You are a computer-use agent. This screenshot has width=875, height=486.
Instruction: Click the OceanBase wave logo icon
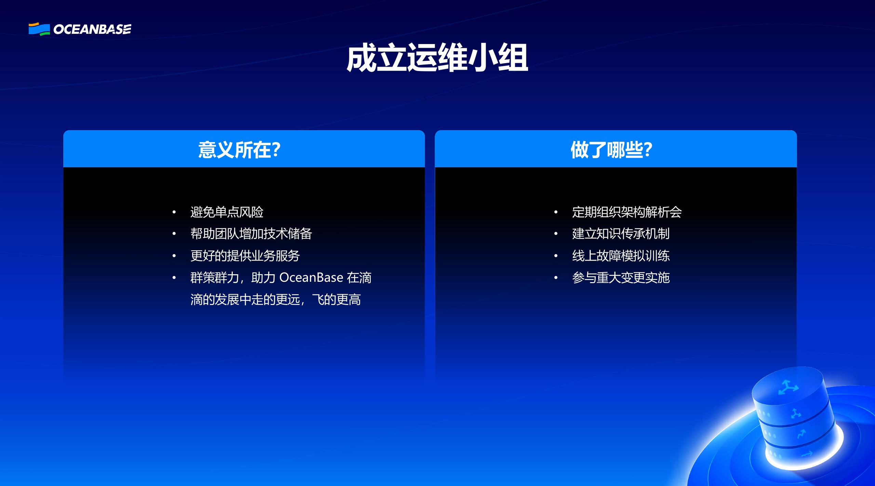(x=39, y=29)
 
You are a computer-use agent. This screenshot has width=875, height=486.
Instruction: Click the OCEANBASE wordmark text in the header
(x=92, y=30)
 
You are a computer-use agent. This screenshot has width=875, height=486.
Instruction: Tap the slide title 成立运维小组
(x=437, y=58)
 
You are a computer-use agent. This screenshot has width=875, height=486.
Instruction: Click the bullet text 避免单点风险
(x=227, y=212)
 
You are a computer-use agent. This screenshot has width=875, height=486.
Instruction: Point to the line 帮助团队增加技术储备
(x=251, y=234)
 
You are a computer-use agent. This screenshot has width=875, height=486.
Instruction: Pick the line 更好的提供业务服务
(x=245, y=256)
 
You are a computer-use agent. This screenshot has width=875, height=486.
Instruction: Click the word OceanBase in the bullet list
(x=311, y=278)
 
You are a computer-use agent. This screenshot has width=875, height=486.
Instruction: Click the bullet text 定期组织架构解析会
(x=627, y=212)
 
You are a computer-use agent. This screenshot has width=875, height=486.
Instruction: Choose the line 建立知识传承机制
(x=620, y=234)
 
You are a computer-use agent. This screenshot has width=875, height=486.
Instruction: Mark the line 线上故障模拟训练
(x=620, y=256)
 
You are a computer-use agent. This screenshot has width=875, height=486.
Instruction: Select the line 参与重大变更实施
(x=620, y=278)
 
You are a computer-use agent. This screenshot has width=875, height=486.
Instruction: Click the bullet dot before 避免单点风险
(x=174, y=212)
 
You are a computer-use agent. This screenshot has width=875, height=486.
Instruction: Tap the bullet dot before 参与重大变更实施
(x=556, y=278)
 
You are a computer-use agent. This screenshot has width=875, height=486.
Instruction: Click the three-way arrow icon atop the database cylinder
(x=788, y=388)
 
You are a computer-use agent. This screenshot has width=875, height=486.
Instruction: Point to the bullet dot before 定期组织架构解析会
(x=556, y=212)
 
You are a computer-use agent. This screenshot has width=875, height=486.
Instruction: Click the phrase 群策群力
(x=214, y=278)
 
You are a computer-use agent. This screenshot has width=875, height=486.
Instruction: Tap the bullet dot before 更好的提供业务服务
(x=174, y=256)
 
